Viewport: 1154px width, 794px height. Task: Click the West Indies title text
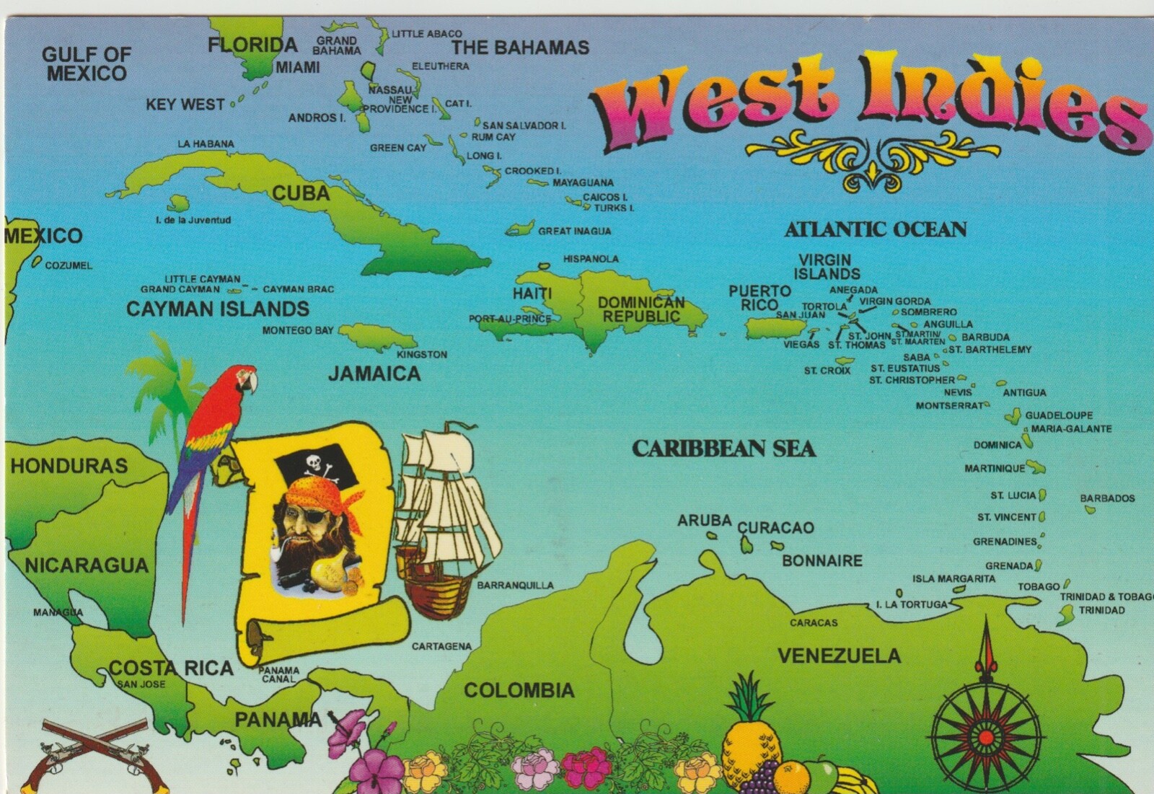tap(865, 101)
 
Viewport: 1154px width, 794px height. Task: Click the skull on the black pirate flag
tap(314, 462)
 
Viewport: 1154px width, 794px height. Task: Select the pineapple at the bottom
tap(752, 736)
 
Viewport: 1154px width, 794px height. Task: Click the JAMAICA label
tap(374, 374)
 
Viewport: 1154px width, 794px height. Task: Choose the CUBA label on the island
tap(301, 193)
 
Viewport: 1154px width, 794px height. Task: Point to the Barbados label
tap(1107, 498)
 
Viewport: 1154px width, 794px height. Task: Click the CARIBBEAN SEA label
tap(723, 449)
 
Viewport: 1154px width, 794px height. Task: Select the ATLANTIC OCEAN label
tap(876, 229)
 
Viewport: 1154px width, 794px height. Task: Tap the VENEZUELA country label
tap(839, 656)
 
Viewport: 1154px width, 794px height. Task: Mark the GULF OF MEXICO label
tap(87, 63)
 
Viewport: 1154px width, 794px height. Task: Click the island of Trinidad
tap(1066, 615)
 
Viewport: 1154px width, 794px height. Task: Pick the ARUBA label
tap(704, 520)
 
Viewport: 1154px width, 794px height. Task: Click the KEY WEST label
tap(185, 105)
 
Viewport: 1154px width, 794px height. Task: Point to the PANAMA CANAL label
tap(279, 674)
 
